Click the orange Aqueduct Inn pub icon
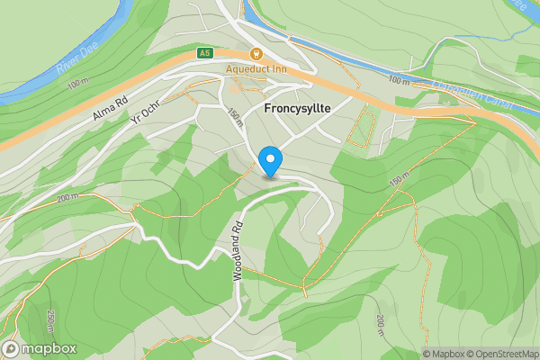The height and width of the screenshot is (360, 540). tap(256, 54)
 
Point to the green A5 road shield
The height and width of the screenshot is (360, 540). tap(205, 54)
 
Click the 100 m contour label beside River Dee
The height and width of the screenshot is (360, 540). tap(79, 83)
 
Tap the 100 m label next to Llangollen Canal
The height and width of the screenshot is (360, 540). tap(399, 80)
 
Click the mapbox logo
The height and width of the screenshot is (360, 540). tap(40, 348)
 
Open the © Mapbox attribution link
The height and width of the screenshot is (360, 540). tap(444, 354)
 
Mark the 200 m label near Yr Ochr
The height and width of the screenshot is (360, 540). tap(67, 197)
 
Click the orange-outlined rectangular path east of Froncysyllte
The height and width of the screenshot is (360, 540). tap(361, 126)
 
